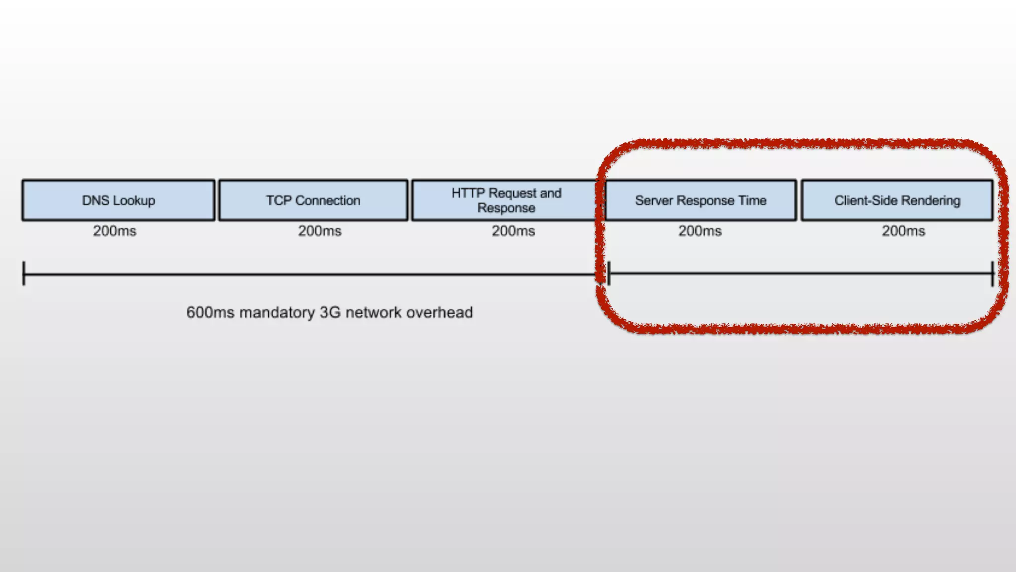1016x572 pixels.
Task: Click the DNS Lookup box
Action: click(x=119, y=200)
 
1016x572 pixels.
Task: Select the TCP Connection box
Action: click(x=313, y=200)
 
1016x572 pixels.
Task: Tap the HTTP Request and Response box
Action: click(x=506, y=200)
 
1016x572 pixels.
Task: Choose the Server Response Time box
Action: click(x=700, y=200)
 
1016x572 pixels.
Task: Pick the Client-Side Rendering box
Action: click(x=897, y=200)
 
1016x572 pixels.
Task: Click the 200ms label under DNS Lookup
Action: click(x=115, y=231)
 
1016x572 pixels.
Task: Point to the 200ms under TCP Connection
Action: click(x=319, y=231)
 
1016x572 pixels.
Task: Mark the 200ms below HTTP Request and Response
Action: click(x=513, y=231)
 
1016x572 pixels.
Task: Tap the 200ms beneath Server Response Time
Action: click(x=700, y=231)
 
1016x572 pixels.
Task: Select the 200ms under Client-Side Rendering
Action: click(x=903, y=231)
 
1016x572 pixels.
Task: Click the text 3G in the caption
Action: click(x=330, y=312)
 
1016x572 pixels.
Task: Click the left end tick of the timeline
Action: click(x=24, y=273)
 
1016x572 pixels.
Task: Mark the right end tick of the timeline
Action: click(x=993, y=273)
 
